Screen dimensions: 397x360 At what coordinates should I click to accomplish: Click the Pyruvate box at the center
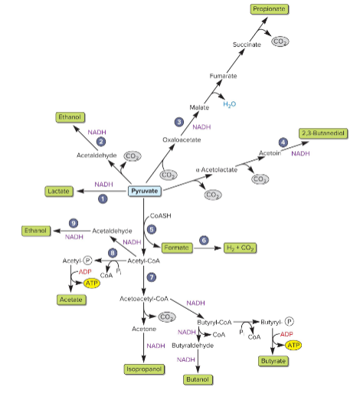click(145, 191)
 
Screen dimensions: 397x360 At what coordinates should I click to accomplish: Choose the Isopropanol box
click(146, 369)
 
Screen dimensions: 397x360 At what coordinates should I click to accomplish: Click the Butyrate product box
click(273, 359)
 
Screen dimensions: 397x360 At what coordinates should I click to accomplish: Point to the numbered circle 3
click(178, 122)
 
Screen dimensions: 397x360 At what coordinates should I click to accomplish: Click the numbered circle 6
click(205, 240)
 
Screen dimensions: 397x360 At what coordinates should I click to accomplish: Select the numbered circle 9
click(74, 222)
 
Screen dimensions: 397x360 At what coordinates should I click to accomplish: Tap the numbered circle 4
click(283, 143)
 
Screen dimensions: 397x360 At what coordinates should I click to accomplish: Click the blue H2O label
click(230, 104)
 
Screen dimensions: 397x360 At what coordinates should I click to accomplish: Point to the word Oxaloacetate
click(182, 140)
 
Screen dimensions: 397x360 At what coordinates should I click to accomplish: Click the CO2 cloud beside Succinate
click(280, 41)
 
